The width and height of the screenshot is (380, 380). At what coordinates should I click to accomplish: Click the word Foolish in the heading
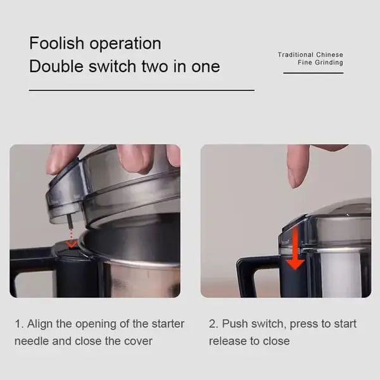(x=56, y=43)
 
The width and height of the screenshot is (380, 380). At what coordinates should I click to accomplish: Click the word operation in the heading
(x=125, y=44)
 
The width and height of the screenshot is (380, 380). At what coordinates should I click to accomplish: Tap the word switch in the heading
(x=112, y=66)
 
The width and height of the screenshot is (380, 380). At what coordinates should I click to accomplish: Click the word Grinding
(x=329, y=63)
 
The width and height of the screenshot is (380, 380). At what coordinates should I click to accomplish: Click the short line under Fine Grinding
(x=313, y=73)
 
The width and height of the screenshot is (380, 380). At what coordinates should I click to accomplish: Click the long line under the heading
(x=141, y=91)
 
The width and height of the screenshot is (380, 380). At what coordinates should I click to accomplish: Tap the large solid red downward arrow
(x=294, y=249)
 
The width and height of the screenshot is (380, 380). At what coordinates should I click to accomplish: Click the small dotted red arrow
(x=72, y=239)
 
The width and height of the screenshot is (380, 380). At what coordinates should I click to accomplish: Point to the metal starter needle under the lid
(x=70, y=222)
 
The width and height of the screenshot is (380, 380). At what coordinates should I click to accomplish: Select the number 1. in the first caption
(x=19, y=324)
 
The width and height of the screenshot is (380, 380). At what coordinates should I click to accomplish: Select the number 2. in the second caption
(x=214, y=324)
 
